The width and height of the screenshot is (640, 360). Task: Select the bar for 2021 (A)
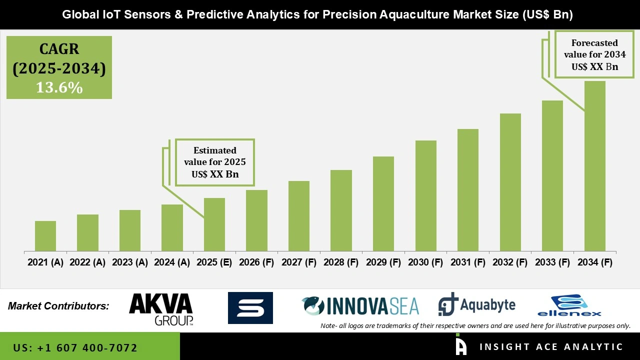pyautogui.click(x=45, y=236)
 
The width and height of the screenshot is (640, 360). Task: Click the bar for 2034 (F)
pyautogui.click(x=594, y=166)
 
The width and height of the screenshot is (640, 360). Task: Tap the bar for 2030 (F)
pyautogui.click(x=425, y=195)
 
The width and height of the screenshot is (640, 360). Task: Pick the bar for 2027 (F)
pyautogui.click(x=299, y=216)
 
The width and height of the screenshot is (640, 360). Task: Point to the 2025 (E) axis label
pyautogui.click(x=214, y=262)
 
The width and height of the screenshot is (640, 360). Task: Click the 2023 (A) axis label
pyautogui.click(x=129, y=262)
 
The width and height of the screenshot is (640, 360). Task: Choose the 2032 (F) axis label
pyautogui.click(x=510, y=262)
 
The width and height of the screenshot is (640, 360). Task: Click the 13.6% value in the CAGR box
pyautogui.click(x=59, y=88)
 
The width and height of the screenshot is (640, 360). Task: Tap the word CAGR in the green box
pyautogui.click(x=59, y=49)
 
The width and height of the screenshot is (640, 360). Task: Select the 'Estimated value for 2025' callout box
pyautogui.click(x=214, y=162)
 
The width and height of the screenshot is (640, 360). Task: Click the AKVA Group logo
pyautogui.click(x=160, y=308)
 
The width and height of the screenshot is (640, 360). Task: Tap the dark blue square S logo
pyautogui.click(x=250, y=308)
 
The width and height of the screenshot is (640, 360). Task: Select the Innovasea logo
pyautogui.click(x=360, y=306)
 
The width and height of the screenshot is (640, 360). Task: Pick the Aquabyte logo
pyautogui.click(x=476, y=305)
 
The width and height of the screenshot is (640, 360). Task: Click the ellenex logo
pyautogui.click(x=569, y=306)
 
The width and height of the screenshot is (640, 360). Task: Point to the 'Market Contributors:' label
pyautogui.click(x=58, y=306)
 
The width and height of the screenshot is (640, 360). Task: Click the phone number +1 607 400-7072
pyautogui.click(x=75, y=347)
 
